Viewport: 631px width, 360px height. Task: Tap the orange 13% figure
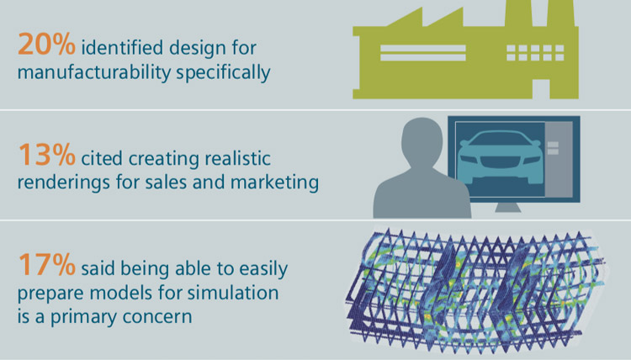point(42,156)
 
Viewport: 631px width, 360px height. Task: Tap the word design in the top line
point(189,45)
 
